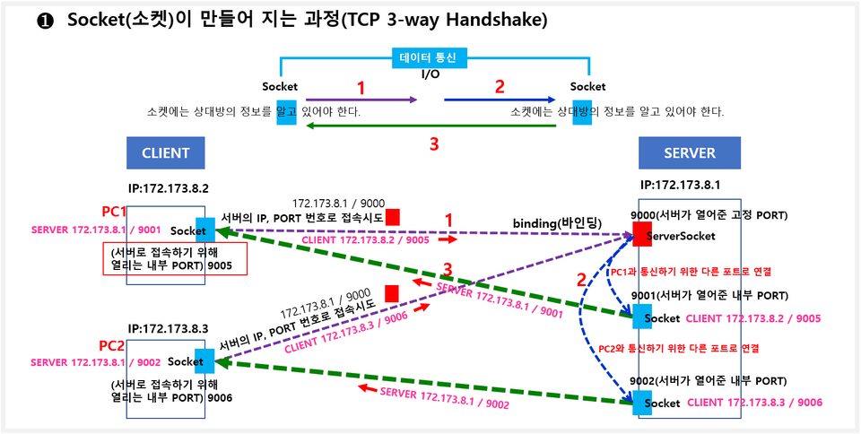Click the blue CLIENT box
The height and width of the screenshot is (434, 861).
click(165, 152)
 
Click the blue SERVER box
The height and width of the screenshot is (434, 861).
click(690, 152)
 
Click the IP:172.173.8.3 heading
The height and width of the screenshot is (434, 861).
click(168, 329)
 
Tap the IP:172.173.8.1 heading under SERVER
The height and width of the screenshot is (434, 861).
click(681, 186)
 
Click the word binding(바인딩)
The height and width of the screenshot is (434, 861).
click(556, 221)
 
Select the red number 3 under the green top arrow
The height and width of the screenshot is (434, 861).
click(433, 143)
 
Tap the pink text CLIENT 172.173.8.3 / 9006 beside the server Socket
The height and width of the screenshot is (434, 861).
click(754, 404)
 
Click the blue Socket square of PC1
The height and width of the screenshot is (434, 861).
click(204, 229)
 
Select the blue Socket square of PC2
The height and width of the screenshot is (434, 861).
click(204, 360)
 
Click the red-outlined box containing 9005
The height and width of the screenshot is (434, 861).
click(174, 259)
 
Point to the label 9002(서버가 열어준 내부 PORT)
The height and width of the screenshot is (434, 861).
click(709, 381)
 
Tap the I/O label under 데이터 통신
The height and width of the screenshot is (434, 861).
click(430, 74)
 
